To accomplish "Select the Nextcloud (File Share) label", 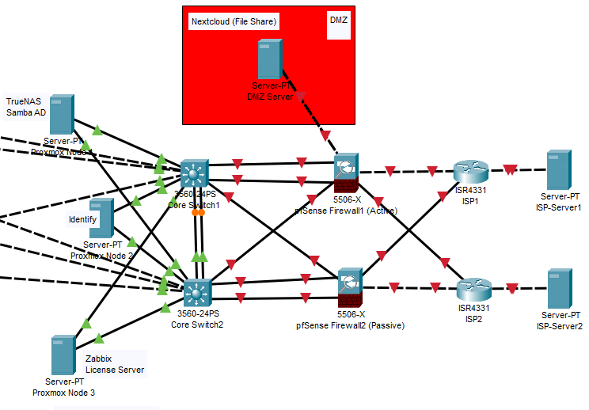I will pyautogui.click(x=234, y=21).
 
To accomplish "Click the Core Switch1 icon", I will pyautogui.click(x=193, y=173).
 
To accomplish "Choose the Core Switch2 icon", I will pyautogui.click(x=196, y=293).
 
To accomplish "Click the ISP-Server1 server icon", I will pyautogui.click(x=560, y=169).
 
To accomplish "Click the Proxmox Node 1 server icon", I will pyautogui.click(x=62, y=114).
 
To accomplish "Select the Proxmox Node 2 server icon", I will pyautogui.click(x=102, y=218).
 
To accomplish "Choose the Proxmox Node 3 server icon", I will pyautogui.click(x=63, y=355).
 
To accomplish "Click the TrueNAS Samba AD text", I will pyautogui.click(x=25, y=107).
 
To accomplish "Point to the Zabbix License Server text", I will pyautogui.click(x=115, y=364).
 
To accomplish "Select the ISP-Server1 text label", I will pyautogui.click(x=559, y=207).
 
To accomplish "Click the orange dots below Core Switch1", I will pyautogui.click(x=199, y=212).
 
